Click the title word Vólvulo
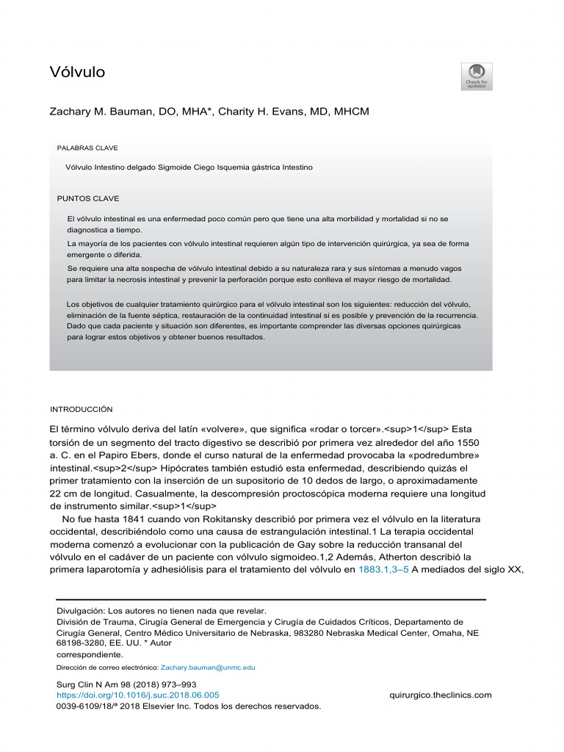pos(77,72)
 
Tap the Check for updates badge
pos(477,76)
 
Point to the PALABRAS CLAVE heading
pos(87,148)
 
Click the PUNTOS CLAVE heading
pos(87,198)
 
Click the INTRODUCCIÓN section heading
pos(81,409)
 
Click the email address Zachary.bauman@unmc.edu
pos(208,668)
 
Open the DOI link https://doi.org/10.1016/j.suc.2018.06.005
pos(137,695)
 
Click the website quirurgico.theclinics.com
pos(440,695)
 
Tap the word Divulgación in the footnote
pos(81,610)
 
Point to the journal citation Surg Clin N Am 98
pos(97,684)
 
